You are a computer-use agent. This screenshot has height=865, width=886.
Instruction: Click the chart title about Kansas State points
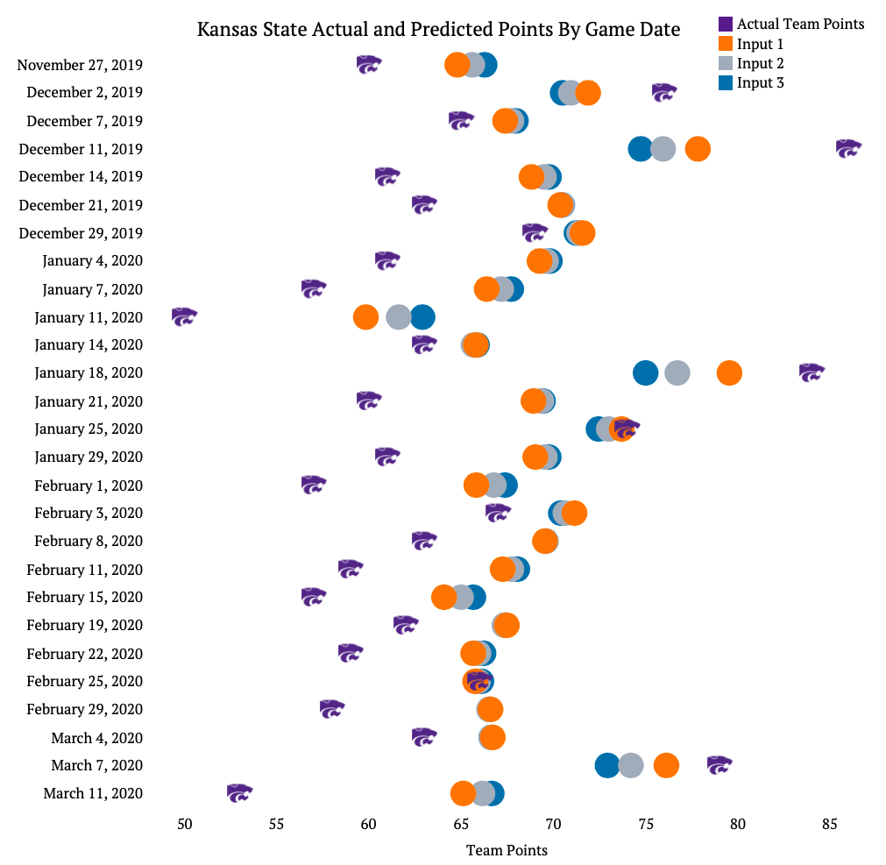tap(438, 30)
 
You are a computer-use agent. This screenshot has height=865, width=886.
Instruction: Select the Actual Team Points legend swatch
tap(726, 25)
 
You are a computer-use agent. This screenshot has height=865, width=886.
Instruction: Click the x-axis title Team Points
tap(507, 850)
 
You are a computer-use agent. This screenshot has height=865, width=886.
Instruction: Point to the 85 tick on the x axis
tap(829, 824)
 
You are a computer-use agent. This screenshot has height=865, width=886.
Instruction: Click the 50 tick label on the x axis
tap(184, 824)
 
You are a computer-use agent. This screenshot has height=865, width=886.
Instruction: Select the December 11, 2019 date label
tap(81, 149)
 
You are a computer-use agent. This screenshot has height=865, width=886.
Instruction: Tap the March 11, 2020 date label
tap(92, 793)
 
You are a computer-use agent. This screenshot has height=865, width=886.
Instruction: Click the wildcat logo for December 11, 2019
tap(847, 148)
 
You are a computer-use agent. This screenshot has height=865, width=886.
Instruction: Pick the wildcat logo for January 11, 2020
tap(184, 316)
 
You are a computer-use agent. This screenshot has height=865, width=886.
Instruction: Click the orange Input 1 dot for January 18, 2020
tap(729, 372)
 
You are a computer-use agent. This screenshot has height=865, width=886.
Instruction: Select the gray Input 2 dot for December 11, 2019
tap(663, 149)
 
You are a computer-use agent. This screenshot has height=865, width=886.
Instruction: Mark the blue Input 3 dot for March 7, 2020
tap(607, 765)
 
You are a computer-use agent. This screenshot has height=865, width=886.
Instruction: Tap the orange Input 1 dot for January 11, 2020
tap(365, 317)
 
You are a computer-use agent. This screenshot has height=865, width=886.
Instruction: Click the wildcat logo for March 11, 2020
tap(239, 793)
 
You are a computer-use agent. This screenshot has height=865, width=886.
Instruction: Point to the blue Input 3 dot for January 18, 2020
tap(645, 372)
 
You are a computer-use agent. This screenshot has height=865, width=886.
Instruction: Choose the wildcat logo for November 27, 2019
tap(369, 64)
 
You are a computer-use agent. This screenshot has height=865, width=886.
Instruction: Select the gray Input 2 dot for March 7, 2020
tap(631, 765)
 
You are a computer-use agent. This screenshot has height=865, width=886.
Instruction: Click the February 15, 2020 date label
tap(84, 597)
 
